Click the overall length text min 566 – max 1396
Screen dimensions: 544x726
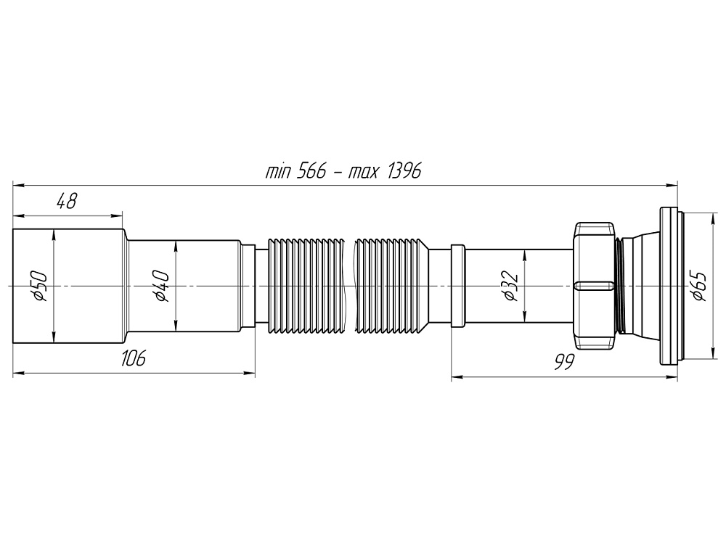click(343, 171)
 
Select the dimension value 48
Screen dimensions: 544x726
click(67, 202)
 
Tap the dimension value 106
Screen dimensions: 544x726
click(134, 357)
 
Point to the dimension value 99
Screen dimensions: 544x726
click(560, 362)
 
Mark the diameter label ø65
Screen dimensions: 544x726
click(698, 286)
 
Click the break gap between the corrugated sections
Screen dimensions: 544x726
click(349, 287)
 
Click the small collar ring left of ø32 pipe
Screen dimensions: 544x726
click(457, 287)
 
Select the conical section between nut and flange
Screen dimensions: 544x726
click(639, 287)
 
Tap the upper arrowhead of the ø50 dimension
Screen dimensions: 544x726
click(53, 234)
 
